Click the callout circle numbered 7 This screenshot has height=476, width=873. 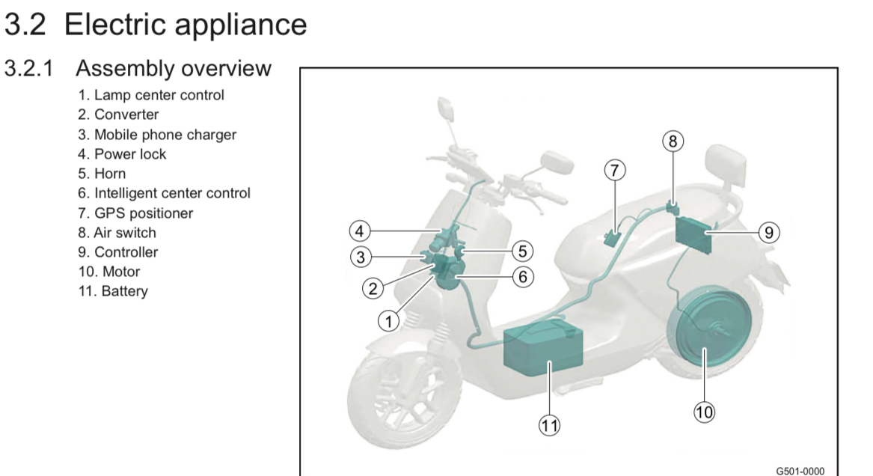coord(614,171)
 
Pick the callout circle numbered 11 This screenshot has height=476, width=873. coord(550,426)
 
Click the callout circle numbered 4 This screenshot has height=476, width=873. coord(361,230)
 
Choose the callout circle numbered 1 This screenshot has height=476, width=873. coord(388,322)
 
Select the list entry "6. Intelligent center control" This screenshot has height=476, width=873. coord(164,193)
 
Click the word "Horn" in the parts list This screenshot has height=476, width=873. coord(110,174)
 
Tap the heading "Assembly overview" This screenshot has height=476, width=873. coord(174,69)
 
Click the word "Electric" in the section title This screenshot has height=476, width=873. coord(125,24)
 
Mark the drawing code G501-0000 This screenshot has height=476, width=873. coord(800,471)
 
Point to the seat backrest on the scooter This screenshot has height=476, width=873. coord(723,161)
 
